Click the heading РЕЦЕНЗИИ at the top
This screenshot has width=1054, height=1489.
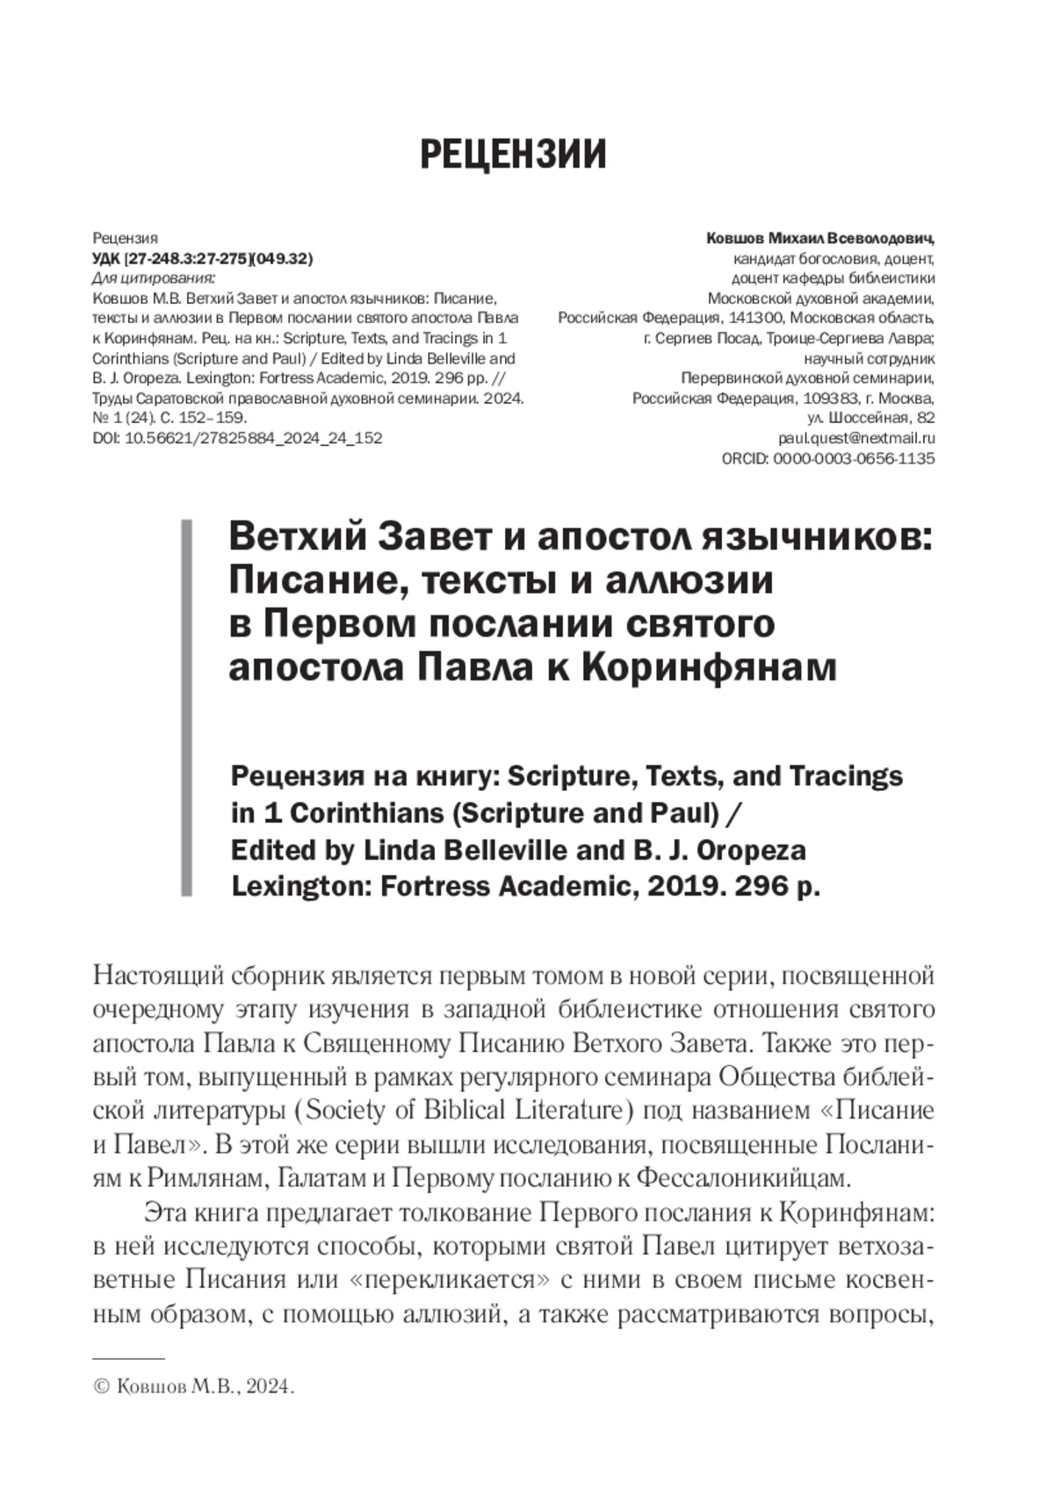pyautogui.click(x=513, y=155)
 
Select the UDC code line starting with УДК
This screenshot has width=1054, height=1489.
pyautogui.click(x=202, y=258)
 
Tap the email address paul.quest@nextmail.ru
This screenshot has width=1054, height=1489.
pyautogui.click(x=855, y=437)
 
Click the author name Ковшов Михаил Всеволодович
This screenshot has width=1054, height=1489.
pyautogui.click(x=819, y=238)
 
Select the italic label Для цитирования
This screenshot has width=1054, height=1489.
pyautogui.click(x=154, y=278)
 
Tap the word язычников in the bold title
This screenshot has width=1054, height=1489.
pyautogui.click(x=816, y=536)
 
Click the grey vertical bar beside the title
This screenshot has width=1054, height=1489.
pyautogui.click(x=186, y=707)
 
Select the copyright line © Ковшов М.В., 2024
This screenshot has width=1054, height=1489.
pyautogui.click(x=192, y=1386)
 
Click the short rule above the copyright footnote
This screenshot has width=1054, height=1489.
pyautogui.click(x=128, y=1358)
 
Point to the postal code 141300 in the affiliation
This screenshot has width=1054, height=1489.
pyautogui.click(x=754, y=318)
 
